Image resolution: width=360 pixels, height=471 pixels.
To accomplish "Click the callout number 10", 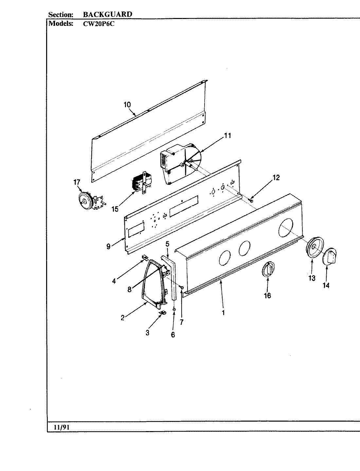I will coord(127,105).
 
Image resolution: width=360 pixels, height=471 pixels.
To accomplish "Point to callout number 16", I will coord(267,295).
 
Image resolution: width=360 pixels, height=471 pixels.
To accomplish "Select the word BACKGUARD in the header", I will coord(107,14).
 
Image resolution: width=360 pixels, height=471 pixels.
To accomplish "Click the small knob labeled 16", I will coord(268,270).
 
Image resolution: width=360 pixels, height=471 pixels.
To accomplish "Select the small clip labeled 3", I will coord(162,313).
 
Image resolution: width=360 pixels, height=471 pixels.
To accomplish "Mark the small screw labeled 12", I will coord(251,200).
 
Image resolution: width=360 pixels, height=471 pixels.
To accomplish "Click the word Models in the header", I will coord(60,24).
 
